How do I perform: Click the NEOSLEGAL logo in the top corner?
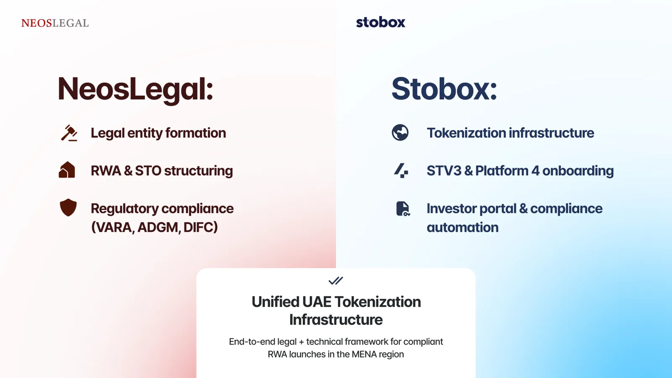click(55, 23)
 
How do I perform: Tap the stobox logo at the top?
click(381, 22)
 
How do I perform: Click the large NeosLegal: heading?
click(135, 89)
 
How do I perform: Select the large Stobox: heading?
click(444, 89)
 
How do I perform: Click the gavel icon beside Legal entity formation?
click(69, 133)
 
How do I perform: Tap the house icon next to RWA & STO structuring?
click(67, 170)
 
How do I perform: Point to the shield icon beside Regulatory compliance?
click(68, 207)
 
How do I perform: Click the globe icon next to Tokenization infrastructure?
click(400, 132)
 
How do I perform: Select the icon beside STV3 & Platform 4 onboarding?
click(401, 171)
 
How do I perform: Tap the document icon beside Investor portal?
click(403, 209)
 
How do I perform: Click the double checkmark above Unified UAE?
click(336, 281)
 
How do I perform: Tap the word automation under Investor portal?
click(462, 227)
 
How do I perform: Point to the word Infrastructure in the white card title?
click(336, 320)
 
